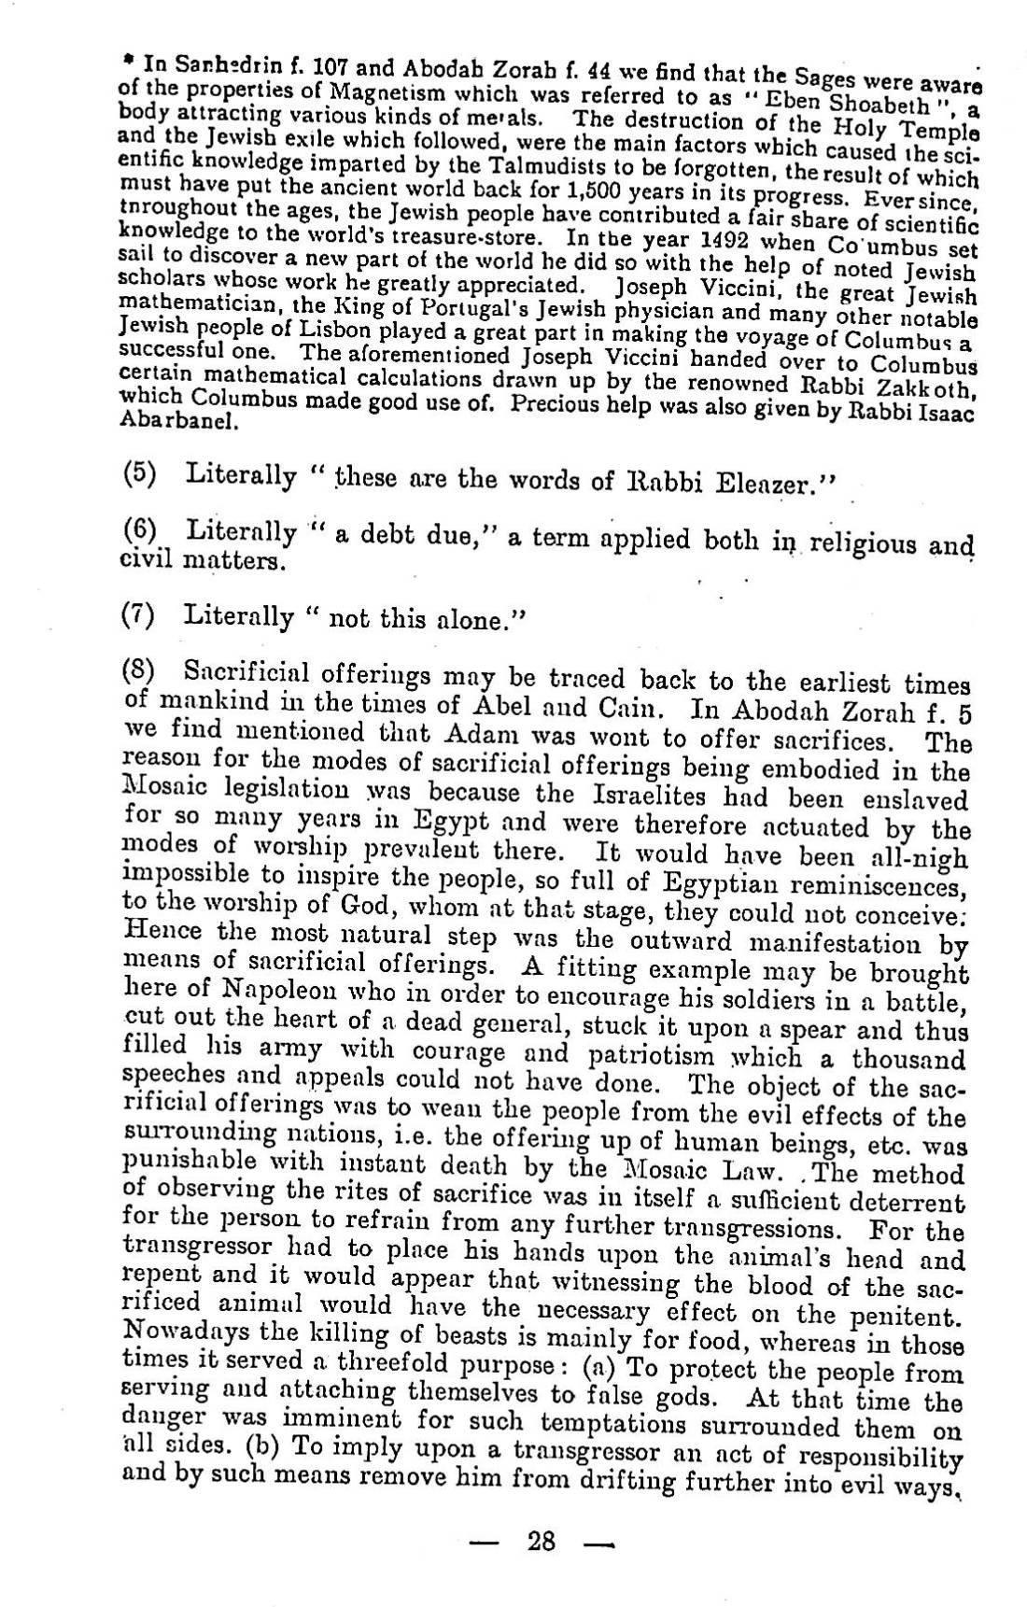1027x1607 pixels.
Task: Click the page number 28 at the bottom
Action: [x=542, y=1539]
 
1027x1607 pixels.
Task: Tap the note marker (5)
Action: [x=138, y=472]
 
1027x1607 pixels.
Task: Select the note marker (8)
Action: [x=138, y=670]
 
